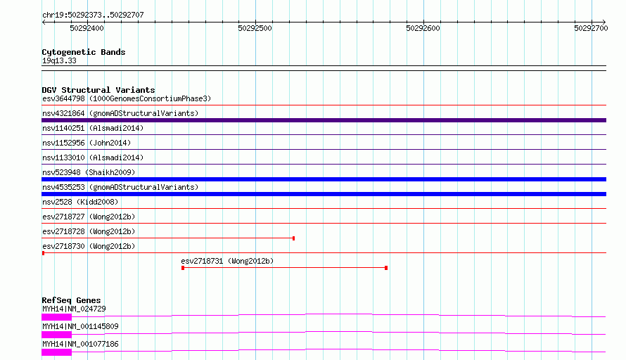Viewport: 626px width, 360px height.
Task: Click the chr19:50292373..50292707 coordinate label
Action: (93, 15)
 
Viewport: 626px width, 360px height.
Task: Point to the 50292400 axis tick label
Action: (87, 28)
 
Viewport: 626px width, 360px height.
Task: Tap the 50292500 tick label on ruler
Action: (255, 28)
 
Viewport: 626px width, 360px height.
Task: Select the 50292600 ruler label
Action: (423, 28)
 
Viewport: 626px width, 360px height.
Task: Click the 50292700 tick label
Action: (591, 28)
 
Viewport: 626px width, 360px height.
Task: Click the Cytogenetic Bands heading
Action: (84, 52)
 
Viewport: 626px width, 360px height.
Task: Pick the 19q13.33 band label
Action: (59, 60)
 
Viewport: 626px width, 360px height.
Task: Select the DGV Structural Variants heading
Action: (98, 90)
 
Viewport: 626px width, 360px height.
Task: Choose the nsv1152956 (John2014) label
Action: (87, 143)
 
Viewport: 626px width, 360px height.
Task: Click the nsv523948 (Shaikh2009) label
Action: (89, 172)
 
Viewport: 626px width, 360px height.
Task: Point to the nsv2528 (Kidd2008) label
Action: (80, 202)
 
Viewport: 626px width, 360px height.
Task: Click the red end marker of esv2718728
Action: (294, 238)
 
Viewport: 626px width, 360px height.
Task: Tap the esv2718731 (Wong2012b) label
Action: (227, 261)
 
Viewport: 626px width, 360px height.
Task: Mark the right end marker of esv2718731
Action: (386, 268)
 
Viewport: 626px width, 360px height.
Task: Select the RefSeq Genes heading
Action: (71, 300)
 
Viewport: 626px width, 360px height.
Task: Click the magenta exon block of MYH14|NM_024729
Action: (57, 317)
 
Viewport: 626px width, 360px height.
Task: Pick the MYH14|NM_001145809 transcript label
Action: (80, 326)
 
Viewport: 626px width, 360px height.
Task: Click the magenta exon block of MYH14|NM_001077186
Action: (57, 352)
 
